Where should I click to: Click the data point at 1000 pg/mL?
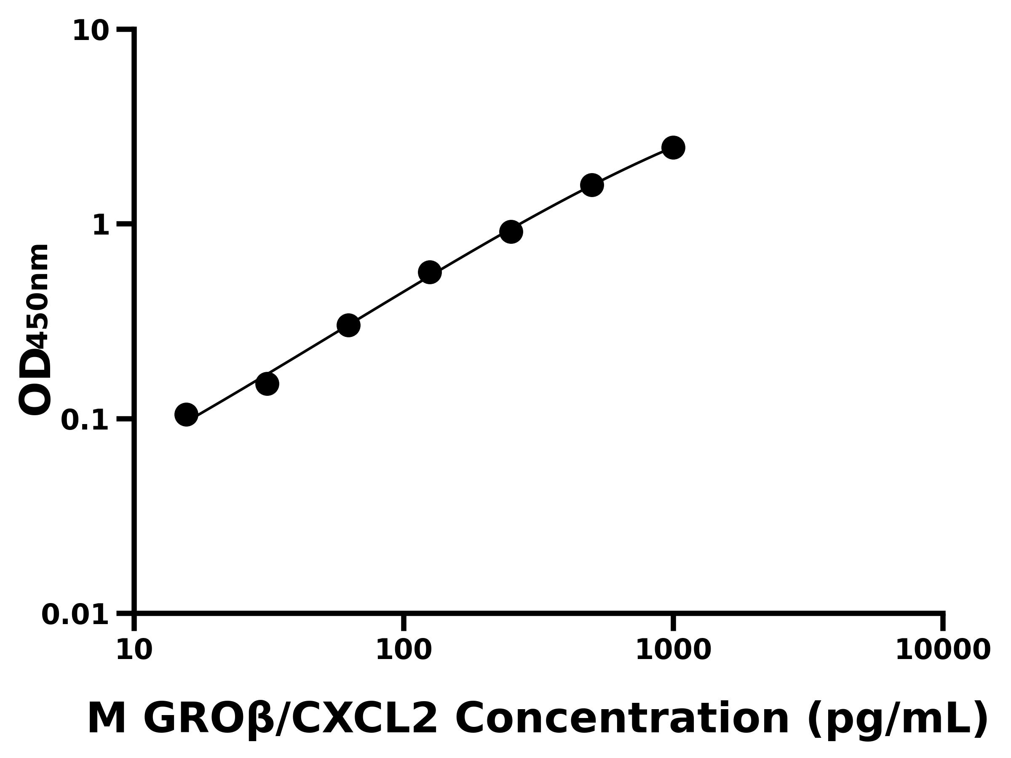[673, 147]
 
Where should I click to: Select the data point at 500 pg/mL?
[592, 185]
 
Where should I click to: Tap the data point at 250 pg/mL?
[511, 232]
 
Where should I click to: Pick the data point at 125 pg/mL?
[430, 273]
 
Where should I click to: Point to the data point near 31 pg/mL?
[267, 384]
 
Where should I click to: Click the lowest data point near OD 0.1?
[186, 415]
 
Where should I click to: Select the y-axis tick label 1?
[101, 226]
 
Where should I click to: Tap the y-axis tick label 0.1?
[85, 420]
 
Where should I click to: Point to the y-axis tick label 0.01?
[75, 615]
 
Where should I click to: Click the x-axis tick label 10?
[134, 651]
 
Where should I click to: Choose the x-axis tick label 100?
[404, 651]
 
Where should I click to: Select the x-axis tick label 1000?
[673, 651]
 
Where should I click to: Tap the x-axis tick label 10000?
[942, 651]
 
